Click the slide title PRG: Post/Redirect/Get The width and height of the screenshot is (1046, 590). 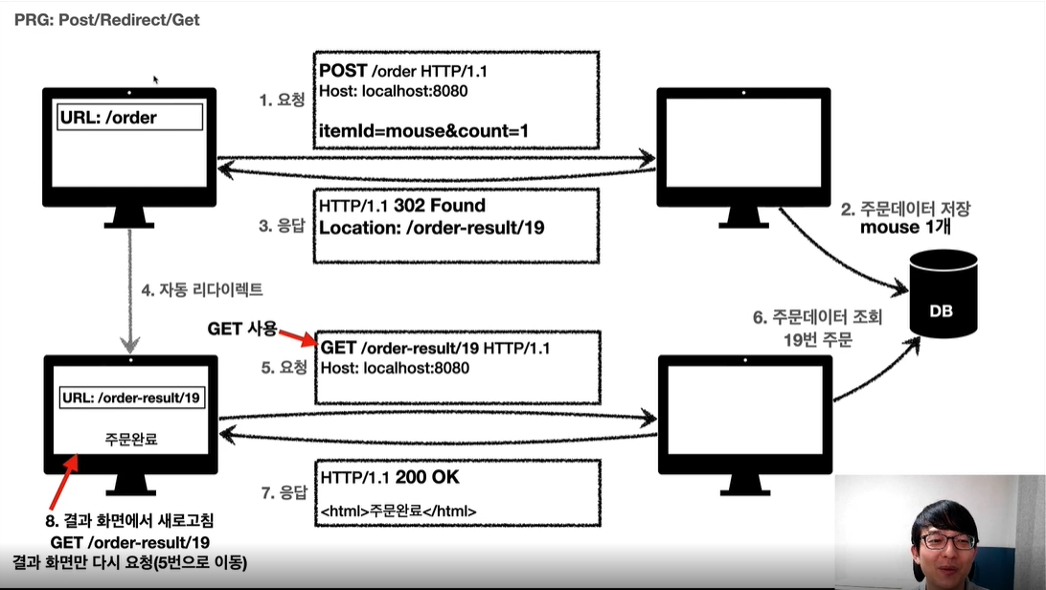(x=107, y=19)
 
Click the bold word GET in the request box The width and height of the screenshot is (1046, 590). (x=338, y=348)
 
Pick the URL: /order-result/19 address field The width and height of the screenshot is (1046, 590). (x=133, y=397)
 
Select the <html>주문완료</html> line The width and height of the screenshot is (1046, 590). (x=399, y=511)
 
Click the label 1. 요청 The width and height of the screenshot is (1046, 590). (x=282, y=100)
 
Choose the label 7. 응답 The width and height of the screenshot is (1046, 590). (x=282, y=493)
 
